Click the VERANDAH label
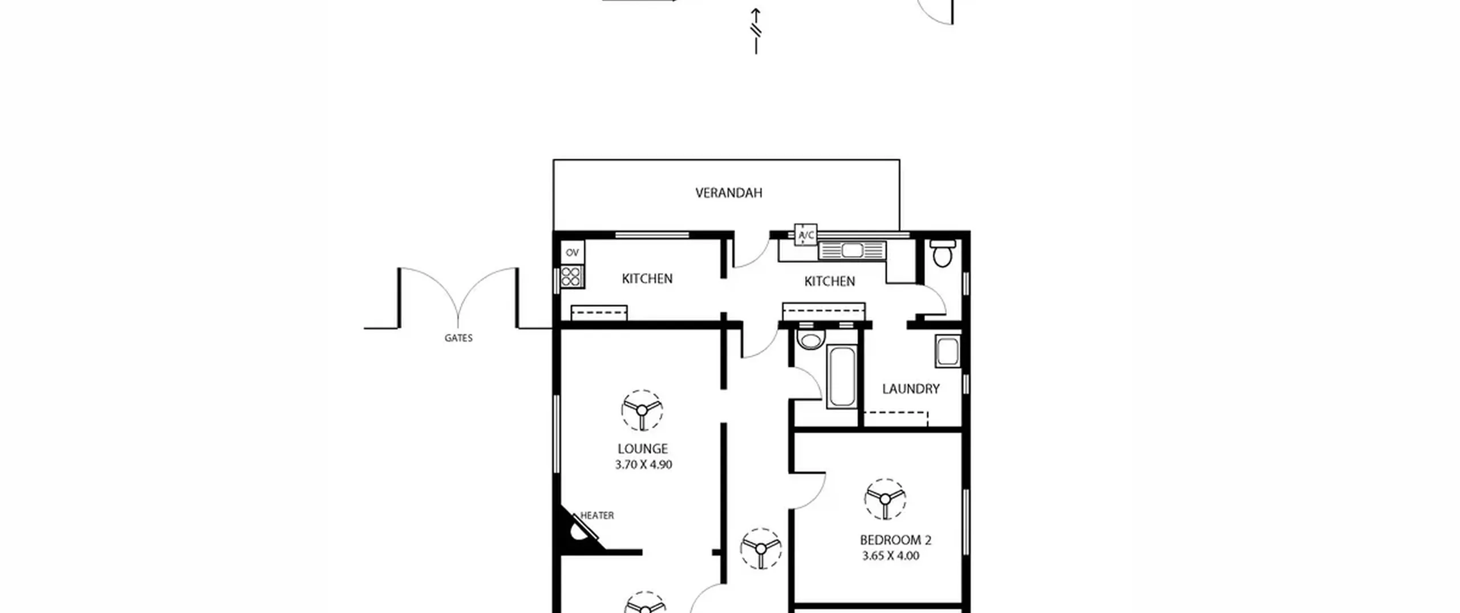coord(728,193)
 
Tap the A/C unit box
coord(805,234)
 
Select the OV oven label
coord(572,252)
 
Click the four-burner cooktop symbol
coord(571,277)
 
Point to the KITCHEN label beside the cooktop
coord(647,279)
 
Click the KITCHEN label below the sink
coord(829,281)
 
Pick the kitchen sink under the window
coord(852,250)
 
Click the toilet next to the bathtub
coord(810,339)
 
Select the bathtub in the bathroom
coord(842,376)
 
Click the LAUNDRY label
coord(910,389)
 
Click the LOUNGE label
coord(642,449)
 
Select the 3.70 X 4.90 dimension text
coord(643,465)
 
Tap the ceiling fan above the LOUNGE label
coord(642,410)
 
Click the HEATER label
coord(597,515)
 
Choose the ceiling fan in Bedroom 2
coord(885,499)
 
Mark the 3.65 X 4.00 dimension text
coord(890,556)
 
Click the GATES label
coord(459,338)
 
